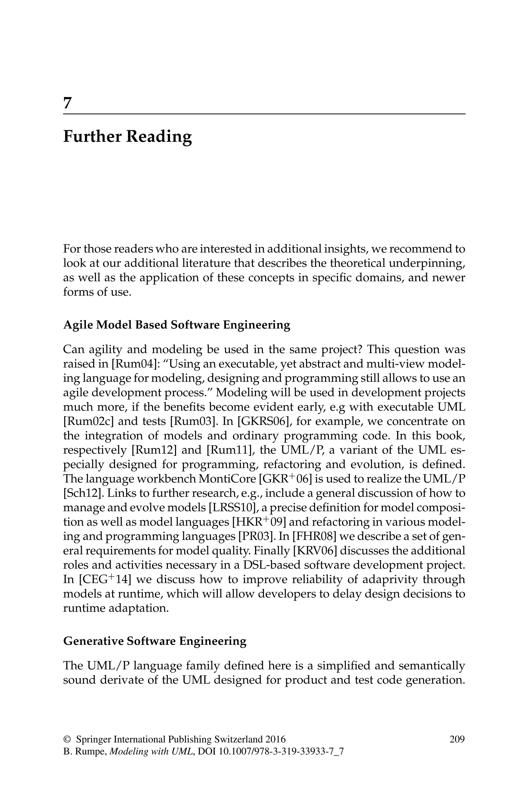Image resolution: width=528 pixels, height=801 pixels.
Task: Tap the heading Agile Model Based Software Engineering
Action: click(x=176, y=325)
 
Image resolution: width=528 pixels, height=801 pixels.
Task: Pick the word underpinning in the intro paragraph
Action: click(x=427, y=263)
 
